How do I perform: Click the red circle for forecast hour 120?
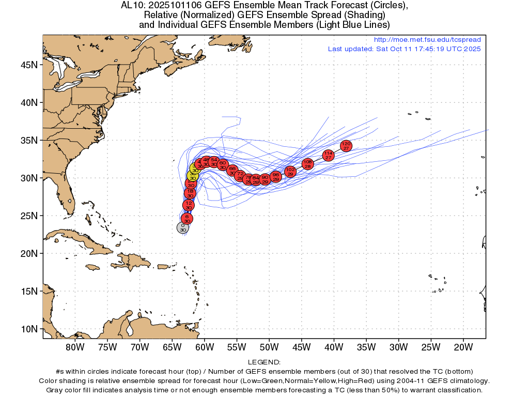[346, 146]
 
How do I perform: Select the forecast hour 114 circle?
[328, 155]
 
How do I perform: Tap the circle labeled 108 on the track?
[307, 164]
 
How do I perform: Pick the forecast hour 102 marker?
[290, 172]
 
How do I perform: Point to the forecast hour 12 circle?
[189, 205]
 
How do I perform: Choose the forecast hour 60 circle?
[223, 165]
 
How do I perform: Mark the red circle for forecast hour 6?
[187, 219]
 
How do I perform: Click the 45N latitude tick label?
[29, 65]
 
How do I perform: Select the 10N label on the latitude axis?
[29, 329]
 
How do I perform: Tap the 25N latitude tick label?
[29, 216]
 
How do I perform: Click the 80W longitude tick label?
[75, 346]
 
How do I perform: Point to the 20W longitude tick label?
[463, 346]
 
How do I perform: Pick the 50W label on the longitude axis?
[269, 346]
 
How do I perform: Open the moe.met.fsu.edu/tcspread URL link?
[427, 40]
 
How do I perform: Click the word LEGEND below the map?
[264, 362]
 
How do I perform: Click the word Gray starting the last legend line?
[55, 390]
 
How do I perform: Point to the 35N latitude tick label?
[29, 141]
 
